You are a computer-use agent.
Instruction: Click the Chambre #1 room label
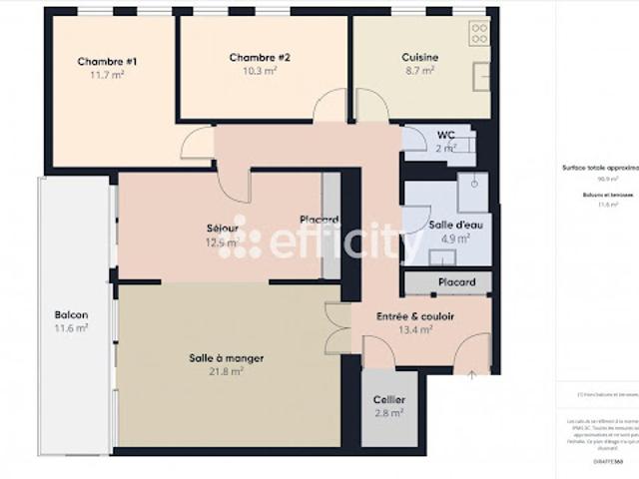coord(107,61)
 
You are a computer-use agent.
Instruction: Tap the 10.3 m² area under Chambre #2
coord(259,71)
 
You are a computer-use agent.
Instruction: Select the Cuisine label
coord(420,57)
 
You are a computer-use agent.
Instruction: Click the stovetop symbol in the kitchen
coord(479,35)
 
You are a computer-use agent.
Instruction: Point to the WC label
coord(445,135)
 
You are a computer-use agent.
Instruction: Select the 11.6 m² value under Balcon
coord(71,327)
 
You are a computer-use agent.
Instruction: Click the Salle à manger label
coord(226,357)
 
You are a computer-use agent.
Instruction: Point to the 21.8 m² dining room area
coord(226,371)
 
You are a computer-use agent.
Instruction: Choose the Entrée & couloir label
coord(415,316)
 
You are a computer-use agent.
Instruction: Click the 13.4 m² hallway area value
coord(415,330)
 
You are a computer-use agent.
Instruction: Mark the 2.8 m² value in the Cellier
coord(389,412)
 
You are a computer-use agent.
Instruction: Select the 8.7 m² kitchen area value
coord(420,71)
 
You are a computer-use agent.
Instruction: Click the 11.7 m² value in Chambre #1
coord(107,75)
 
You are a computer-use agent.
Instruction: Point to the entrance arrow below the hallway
coord(471,375)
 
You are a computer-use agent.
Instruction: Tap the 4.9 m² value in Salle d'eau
coord(447,239)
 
